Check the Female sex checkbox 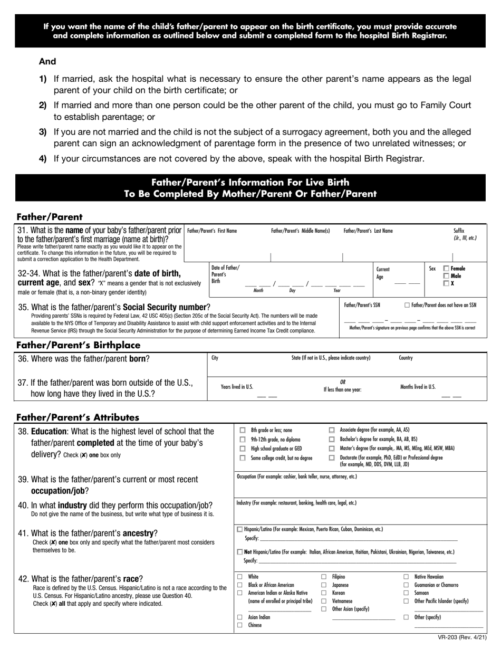click(x=446, y=269)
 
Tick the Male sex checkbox click(x=446, y=276)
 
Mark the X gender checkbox click(x=446, y=284)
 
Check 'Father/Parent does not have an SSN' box click(x=407, y=305)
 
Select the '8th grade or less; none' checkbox click(x=243, y=431)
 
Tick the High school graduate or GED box click(x=243, y=449)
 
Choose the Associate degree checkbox click(x=332, y=431)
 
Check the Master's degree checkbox click(x=332, y=448)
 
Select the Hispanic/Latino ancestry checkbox click(x=240, y=529)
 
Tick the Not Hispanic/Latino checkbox click(x=240, y=552)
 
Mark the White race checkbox click(x=240, y=577)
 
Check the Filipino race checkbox click(x=324, y=577)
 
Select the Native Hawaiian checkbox click(x=406, y=577)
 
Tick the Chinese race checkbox click(x=240, y=625)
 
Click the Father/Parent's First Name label click(x=212, y=231)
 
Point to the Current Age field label click(x=383, y=273)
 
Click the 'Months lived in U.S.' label click(x=418, y=387)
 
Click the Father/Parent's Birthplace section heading click(x=79, y=345)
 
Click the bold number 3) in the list click(x=43, y=131)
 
